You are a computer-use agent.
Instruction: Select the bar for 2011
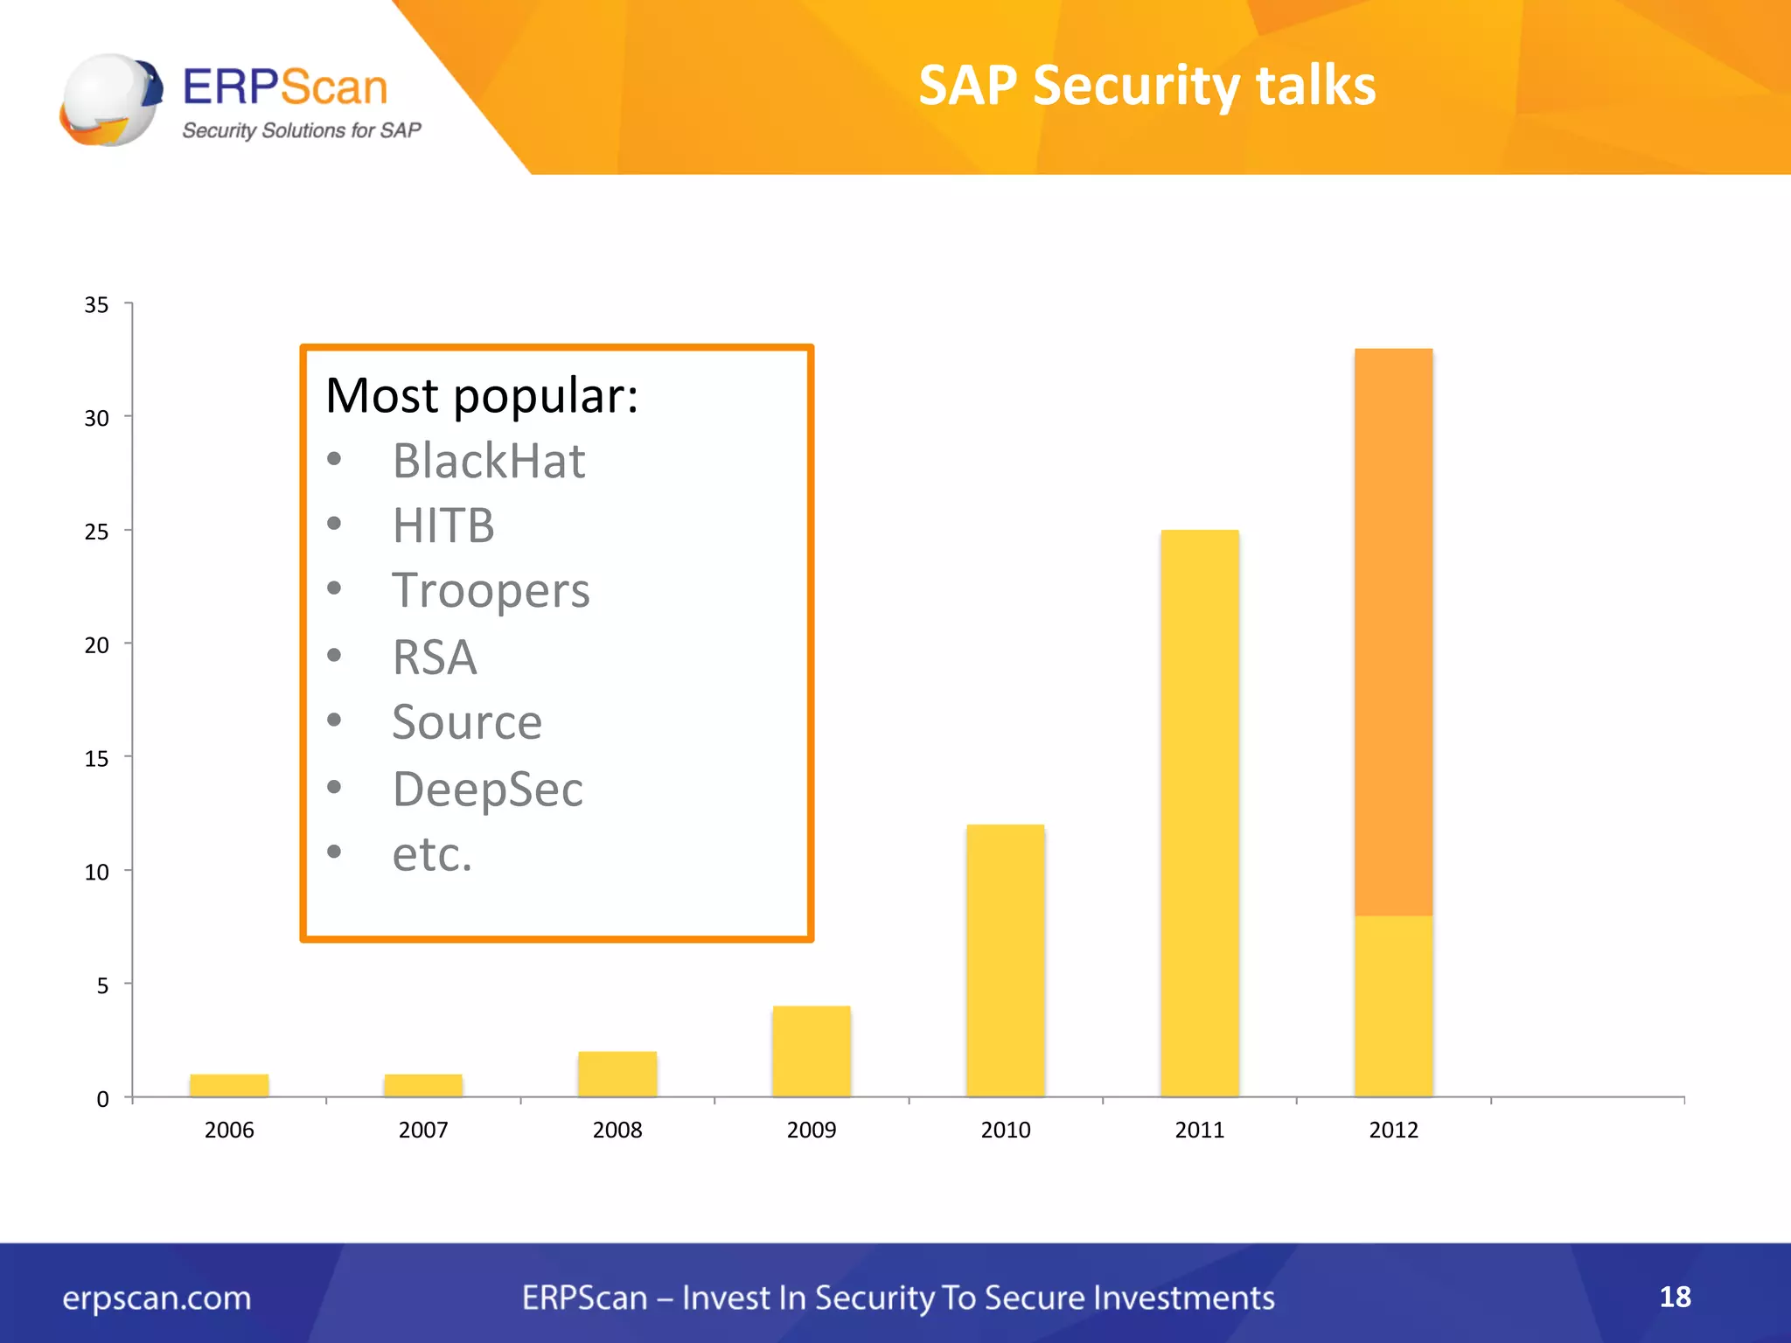point(1199,813)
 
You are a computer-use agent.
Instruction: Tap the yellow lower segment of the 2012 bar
point(1393,1006)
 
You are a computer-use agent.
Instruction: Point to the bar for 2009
point(811,1051)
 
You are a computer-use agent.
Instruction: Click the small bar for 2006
point(229,1085)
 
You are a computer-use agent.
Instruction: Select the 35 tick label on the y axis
point(96,305)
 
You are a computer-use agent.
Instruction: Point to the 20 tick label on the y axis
point(96,645)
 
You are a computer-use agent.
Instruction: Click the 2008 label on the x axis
point(617,1130)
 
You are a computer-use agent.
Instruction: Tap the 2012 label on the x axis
point(1393,1130)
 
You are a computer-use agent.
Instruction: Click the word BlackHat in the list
point(488,461)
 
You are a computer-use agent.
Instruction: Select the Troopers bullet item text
point(491,591)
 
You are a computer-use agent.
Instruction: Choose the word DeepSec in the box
point(487,790)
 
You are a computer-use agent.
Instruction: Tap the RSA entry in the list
point(435,658)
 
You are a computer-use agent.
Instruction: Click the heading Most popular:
point(482,396)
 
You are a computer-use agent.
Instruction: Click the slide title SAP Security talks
point(1146,86)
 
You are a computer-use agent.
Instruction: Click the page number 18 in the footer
point(1675,1297)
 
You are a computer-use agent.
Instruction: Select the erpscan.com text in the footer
point(157,1298)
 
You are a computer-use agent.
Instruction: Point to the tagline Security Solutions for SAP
point(301,130)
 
